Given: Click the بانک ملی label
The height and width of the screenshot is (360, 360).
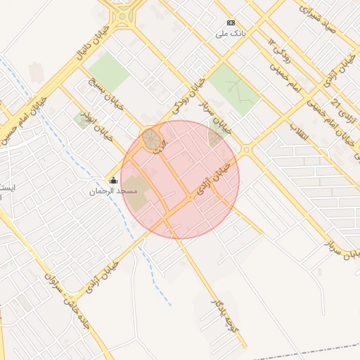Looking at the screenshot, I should tap(232, 33).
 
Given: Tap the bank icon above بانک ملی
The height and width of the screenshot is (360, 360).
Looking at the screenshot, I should tap(232, 23).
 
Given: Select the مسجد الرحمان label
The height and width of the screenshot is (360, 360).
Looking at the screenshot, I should tap(108, 191).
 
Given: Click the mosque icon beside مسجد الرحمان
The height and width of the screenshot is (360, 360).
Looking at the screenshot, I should tap(113, 181).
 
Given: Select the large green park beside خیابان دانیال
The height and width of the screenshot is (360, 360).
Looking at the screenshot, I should tap(109, 71).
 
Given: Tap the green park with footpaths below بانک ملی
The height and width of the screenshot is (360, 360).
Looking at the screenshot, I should tap(235, 88).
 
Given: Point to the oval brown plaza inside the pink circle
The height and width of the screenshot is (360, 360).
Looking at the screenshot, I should tap(150, 139).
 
